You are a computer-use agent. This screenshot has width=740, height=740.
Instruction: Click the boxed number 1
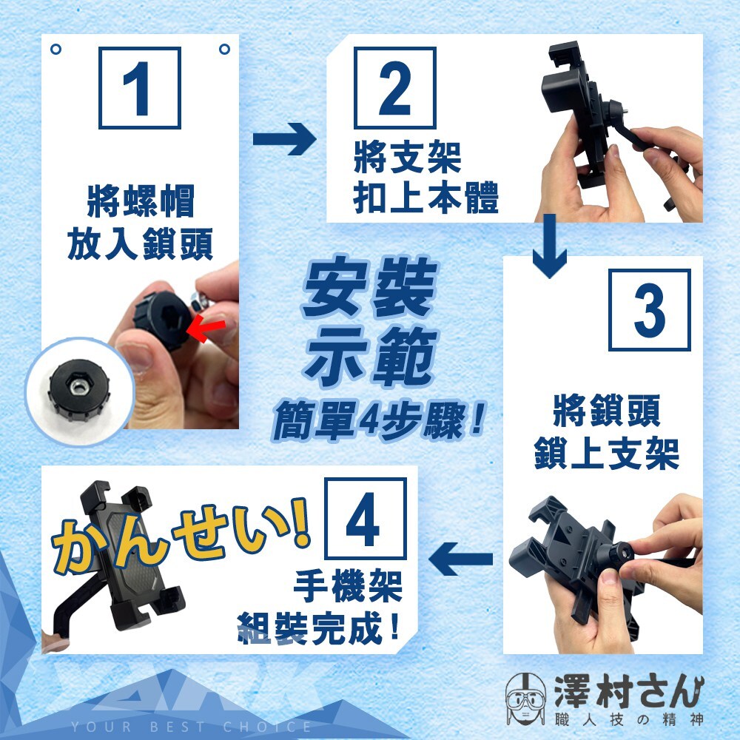(140, 88)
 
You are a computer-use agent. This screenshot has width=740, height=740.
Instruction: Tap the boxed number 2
(394, 88)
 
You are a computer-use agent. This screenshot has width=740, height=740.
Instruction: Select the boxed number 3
(650, 310)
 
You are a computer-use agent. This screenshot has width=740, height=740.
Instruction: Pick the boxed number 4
(366, 518)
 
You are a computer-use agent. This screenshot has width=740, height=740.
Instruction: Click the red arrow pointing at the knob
(205, 328)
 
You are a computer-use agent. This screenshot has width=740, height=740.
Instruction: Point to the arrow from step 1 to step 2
(284, 139)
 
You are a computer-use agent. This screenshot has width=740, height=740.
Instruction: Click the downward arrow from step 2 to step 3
(549, 246)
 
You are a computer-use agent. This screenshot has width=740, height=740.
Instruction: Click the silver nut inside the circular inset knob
(78, 388)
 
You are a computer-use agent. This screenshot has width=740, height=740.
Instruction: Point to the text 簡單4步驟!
(378, 420)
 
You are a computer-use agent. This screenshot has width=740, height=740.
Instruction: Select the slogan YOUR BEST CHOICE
(191, 727)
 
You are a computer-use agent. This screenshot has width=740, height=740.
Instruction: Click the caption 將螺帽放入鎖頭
(140, 223)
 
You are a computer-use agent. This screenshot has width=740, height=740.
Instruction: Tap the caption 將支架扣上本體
(425, 178)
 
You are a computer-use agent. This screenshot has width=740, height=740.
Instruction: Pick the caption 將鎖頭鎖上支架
(607, 432)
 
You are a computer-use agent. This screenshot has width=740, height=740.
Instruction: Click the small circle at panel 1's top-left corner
(55, 49)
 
